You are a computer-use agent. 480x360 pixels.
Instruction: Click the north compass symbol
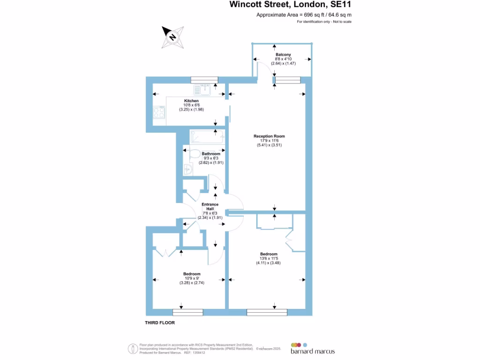pos(172,37)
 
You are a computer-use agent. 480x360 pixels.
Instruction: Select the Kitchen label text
pos(191,101)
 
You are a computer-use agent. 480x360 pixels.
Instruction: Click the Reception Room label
pos(269,136)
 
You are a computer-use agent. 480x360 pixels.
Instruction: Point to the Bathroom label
pos(211,154)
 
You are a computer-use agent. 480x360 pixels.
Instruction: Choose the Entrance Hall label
pos(210,207)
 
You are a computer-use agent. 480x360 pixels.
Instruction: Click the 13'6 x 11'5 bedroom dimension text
pos(269,258)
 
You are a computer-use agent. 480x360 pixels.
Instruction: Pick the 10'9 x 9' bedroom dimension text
pos(192,278)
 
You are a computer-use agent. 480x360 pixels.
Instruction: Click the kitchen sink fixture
pos(205,89)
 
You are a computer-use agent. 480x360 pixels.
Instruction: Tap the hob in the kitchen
pos(159,113)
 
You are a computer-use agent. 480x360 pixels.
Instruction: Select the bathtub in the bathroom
pos(207,136)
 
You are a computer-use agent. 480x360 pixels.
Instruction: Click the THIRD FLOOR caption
pos(159,323)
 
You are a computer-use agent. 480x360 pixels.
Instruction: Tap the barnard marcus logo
pos(313,348)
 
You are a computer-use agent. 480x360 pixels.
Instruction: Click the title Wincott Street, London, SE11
pos(290,5)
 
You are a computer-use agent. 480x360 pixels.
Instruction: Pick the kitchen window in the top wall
pos(205,79)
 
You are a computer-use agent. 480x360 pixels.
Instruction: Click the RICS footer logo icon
pos(133,348)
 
